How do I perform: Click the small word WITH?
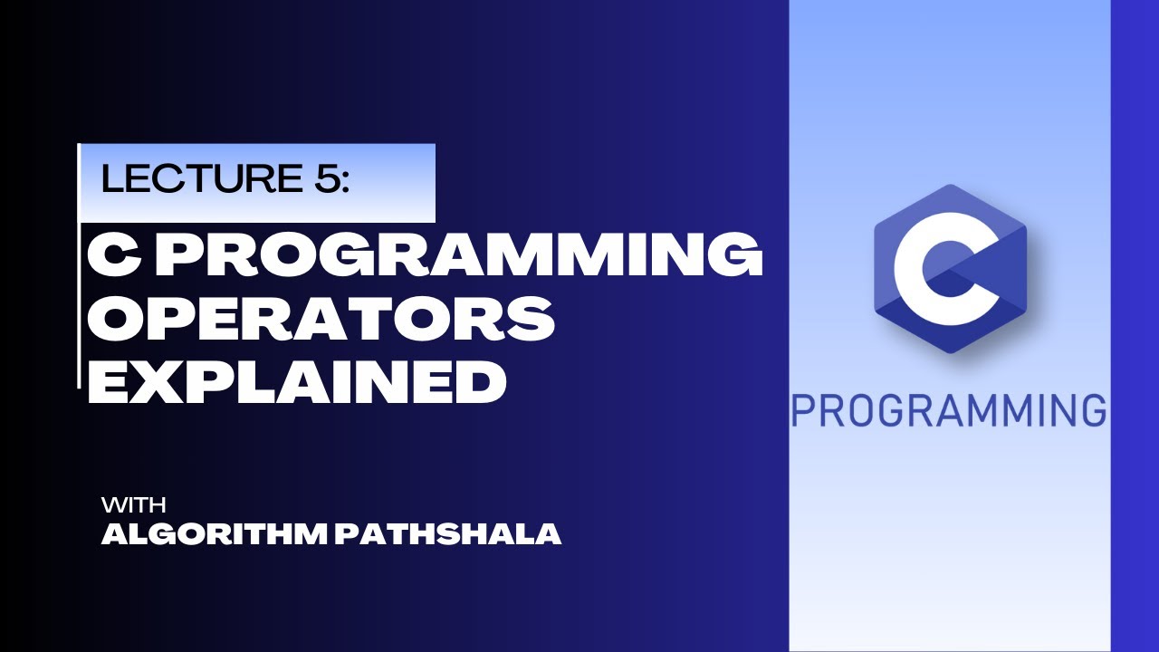(133, 504)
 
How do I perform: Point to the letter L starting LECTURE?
(111, 179)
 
